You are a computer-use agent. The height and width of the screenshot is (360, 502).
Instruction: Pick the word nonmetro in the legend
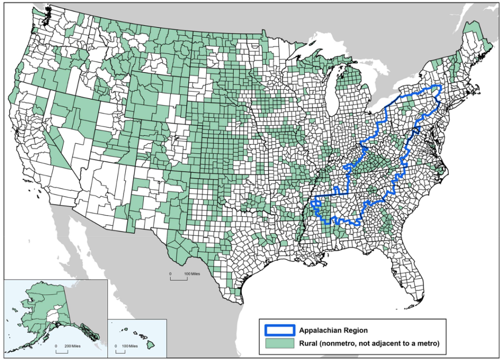pos(342,343)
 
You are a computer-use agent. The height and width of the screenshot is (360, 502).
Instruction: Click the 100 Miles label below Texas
pos(192,273)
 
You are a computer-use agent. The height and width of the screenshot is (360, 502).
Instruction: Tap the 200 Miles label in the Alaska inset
pos(72,346)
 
